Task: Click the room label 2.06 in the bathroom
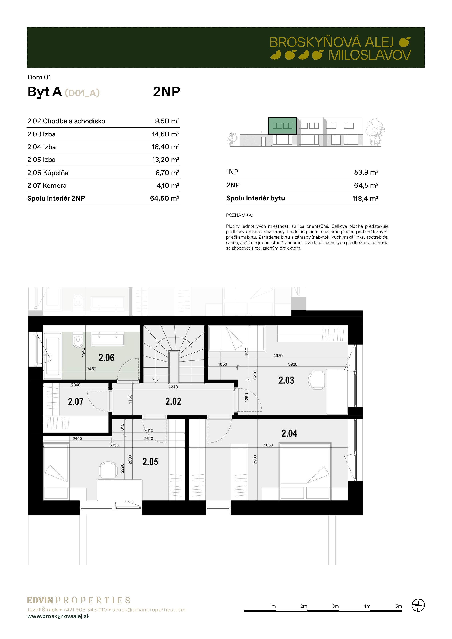106,358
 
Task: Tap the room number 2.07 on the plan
76,402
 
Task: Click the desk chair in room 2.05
108,470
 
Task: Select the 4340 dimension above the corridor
173,387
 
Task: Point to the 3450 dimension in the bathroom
91,369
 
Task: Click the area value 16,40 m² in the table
165,147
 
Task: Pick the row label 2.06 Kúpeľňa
48,173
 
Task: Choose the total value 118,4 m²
365,198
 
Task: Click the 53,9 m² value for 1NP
366,172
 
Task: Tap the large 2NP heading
167,92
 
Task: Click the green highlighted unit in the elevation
282,126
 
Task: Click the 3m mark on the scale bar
335,606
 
